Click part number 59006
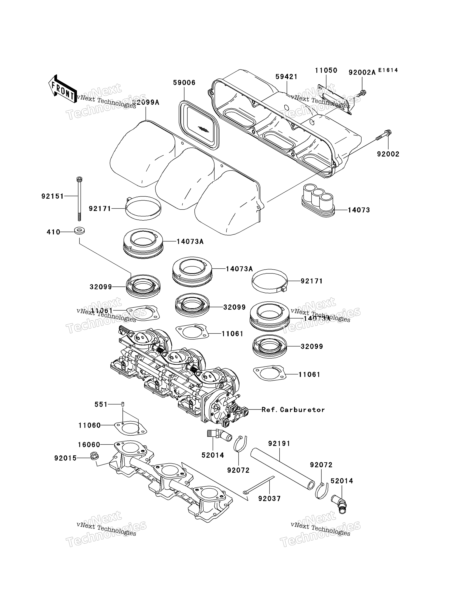click(184, 83)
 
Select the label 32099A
click(146, 102)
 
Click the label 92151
click(53, 196)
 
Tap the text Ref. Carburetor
click(293, 409)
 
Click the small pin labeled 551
click(123, 404)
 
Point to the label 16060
click(89, 445)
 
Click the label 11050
click(326, 70)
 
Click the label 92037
click(269, 498)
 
